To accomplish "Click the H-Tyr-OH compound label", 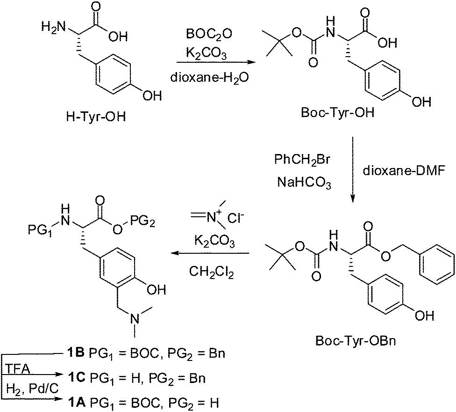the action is pos(96,117).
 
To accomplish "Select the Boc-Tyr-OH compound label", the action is pos(338,112).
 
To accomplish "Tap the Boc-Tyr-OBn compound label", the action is pos(356,341).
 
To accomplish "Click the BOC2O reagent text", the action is pos(209,34).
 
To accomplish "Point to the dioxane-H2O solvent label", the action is pos(209,78).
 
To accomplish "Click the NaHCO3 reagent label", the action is pos(304,183).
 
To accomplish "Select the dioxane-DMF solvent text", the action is pos(404,171).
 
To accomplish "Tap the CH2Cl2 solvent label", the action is pos(212,272).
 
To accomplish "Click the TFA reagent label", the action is pos(18,370).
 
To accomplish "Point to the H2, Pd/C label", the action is pos(32,389).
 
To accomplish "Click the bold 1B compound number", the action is pos(76,353).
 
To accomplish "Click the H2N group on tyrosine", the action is pos(53,28).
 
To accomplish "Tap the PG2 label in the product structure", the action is pos(142,223).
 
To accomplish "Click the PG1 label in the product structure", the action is pos(40,229).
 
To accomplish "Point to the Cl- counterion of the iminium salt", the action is pos(235,218).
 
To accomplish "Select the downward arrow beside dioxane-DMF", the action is pos(353,169).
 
